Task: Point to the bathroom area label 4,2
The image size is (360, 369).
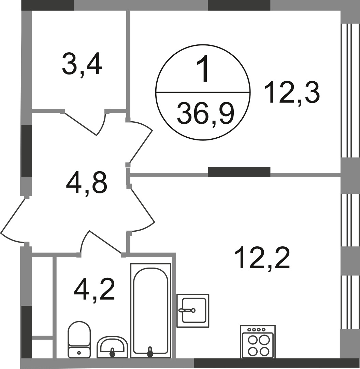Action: tap(94, 288)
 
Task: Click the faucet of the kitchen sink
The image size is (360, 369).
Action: tap(187, 310)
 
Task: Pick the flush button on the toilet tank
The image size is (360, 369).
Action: tap(79, 352)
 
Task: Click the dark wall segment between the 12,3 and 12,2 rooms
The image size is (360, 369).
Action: tap(239, 172)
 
